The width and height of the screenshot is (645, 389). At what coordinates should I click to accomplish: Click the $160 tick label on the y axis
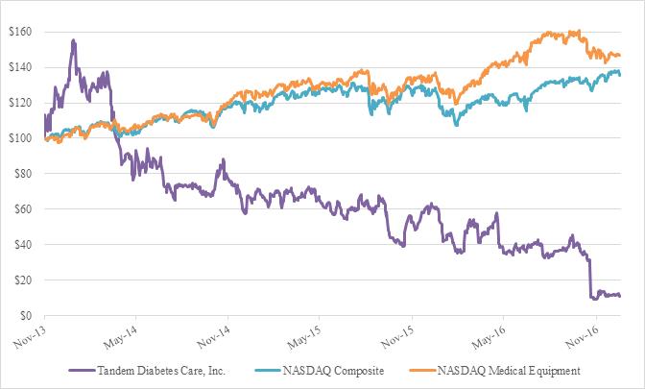coord(19,32)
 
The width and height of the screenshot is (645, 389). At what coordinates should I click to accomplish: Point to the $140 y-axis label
coord(19,67)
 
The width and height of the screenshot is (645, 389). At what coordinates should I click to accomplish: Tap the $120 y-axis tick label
coord(19,103)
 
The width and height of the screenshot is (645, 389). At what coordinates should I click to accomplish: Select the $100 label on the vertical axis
coord(19,138)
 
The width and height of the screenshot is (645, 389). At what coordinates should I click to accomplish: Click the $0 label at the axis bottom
coord(25,315)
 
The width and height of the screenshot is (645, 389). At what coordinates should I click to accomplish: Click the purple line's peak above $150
coord(74,40)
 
